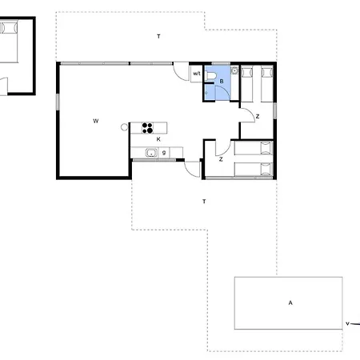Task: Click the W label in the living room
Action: (96, 121)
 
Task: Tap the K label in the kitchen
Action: (158, 139)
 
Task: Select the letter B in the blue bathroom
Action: (222, 82)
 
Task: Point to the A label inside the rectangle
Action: (290, 302)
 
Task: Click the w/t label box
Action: (197, 74)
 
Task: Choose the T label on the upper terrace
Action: (158, 36)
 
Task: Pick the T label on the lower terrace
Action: (204, 202)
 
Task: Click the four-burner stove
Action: (147, 128)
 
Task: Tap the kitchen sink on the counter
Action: (151, 153)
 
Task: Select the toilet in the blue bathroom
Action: (210, 76)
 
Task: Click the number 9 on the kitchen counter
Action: (164, 153)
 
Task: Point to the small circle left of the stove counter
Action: (124, 127)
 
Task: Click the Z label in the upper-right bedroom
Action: (258, 117)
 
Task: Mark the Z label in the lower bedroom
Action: (221, 159)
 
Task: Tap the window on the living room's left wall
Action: (58, 102)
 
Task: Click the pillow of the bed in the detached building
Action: (9, 28)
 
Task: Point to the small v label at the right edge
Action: (347, 323)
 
